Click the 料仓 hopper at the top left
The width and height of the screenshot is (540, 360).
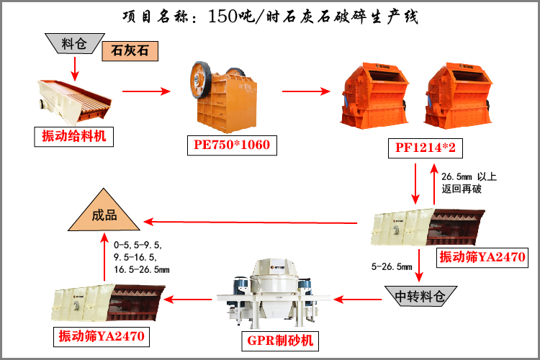coord(73,44)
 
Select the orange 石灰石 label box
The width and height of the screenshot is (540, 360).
coord(130,51)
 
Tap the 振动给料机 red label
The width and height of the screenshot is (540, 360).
coord(73,135)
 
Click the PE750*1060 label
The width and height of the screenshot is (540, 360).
coord(231,145)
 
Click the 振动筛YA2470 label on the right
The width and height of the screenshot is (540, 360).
coord(480,257)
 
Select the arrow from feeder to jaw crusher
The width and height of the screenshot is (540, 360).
coord(145,91)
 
